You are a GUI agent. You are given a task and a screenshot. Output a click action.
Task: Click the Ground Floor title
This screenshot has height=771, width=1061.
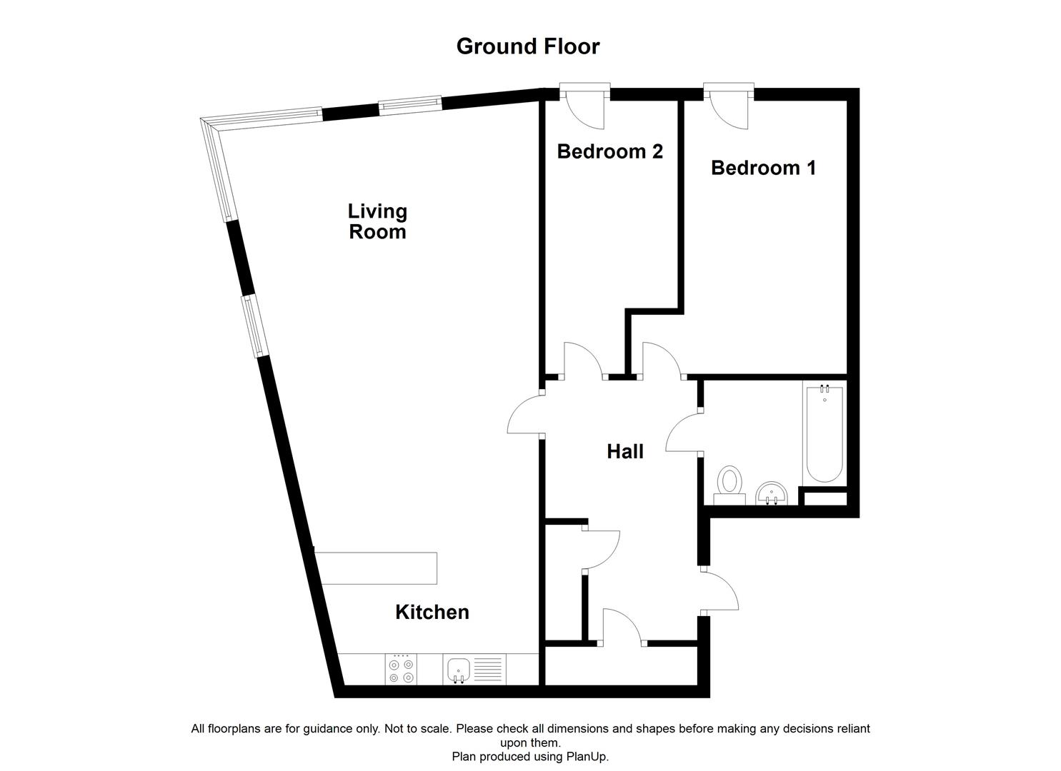(x=528, y=46)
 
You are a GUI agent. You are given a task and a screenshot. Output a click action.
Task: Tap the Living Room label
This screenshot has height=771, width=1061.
(x=377, y=221)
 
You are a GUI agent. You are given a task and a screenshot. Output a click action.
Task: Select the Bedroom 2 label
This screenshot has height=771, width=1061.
(x=609, y=151)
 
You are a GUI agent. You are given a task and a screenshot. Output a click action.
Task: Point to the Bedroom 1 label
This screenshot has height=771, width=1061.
(x=763, y=168)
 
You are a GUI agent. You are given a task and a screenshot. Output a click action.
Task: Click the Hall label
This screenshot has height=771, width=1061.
(x=625, y=451)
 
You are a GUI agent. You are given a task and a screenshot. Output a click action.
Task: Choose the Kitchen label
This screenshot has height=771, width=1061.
(x=432, y=612)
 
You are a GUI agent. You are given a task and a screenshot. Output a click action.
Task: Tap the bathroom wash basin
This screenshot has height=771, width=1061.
(x=770, y=493)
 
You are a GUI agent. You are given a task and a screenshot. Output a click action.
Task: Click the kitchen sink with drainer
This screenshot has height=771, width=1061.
(x=473, y=670)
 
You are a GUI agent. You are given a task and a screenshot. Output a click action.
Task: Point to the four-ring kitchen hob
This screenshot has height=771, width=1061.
(x=401, y=670)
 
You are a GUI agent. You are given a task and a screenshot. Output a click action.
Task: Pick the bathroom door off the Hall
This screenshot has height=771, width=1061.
(x=683, y=433)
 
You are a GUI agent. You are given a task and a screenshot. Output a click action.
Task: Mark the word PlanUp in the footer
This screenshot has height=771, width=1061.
(x=587, y=757)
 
